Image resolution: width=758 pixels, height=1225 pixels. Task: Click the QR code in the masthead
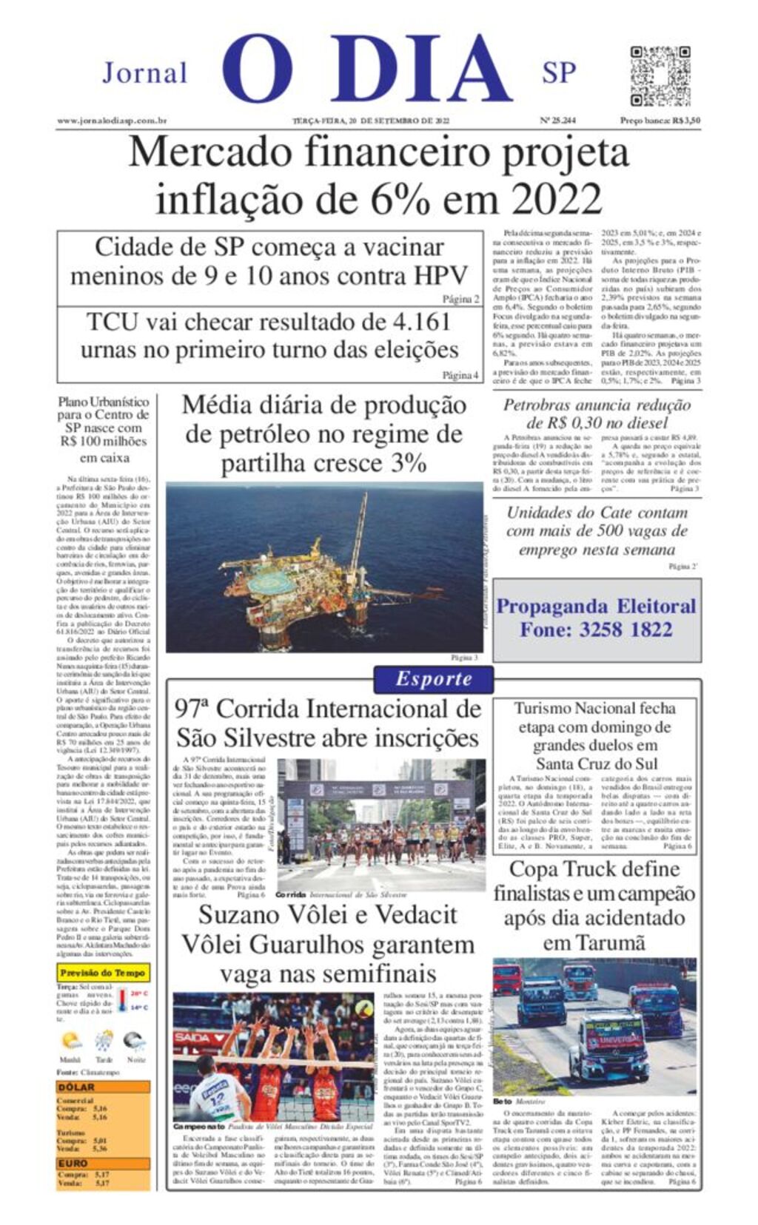pos(660,76)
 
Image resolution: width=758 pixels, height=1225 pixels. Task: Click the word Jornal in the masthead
pos(145,73)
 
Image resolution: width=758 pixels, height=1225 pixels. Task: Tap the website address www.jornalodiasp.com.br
pos(112,121)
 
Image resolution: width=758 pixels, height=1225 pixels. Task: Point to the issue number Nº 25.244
pos(557,121)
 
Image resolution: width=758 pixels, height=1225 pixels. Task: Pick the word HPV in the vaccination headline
pos(440,276)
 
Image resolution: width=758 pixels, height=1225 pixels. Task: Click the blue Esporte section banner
pos(433,679)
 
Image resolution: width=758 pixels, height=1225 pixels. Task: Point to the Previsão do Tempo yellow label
pos(103,973)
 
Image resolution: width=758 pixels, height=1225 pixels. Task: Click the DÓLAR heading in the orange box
pos(76,1087)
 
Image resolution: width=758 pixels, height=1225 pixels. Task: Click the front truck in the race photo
pos(600,1043)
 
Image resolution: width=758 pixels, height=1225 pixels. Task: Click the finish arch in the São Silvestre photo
pos(381,789)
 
